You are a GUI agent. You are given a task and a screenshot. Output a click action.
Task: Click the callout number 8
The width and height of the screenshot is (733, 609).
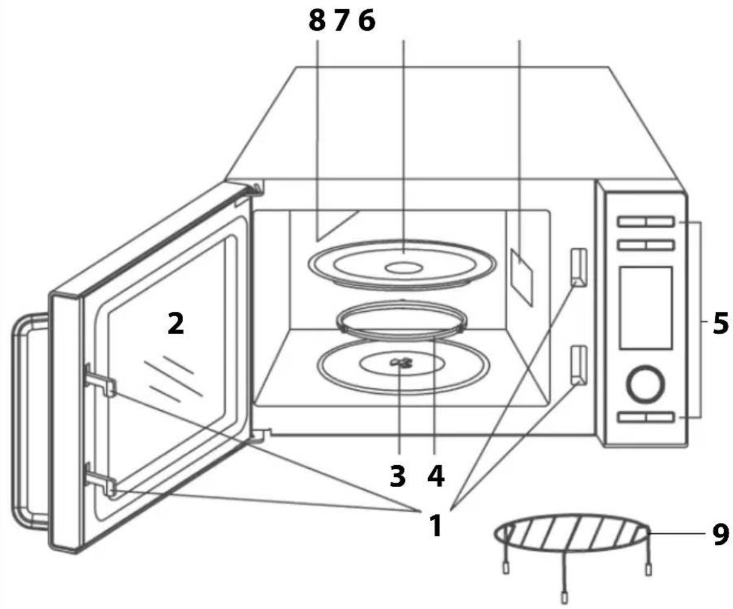click(x=316, y=21)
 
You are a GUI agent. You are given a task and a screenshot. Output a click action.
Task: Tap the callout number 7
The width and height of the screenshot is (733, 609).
click(x=341, y=21)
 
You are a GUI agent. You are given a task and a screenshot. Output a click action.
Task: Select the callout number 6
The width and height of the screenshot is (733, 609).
click(x=367, y=21)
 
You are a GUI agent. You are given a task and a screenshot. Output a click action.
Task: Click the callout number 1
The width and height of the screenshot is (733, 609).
click(x=437, y=526)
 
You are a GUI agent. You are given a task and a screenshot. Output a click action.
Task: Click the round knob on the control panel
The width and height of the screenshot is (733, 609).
click(x=645, y=384)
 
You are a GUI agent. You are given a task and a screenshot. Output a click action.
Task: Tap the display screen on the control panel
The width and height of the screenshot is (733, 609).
click(x=646, y=308)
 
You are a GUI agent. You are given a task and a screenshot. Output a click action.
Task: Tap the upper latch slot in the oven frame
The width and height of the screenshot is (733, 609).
click(x=579, y=267)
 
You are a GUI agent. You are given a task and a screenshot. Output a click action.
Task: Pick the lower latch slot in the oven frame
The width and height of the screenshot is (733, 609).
click(x=579, y=365)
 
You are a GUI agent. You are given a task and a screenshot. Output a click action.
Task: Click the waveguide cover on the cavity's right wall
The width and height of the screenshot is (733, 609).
click(x=521, y=277)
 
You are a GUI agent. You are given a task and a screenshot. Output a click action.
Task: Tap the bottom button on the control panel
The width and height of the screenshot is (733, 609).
click(x=646, y=417)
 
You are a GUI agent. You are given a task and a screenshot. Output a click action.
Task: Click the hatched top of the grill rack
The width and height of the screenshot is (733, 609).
click(x=571, y=534)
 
